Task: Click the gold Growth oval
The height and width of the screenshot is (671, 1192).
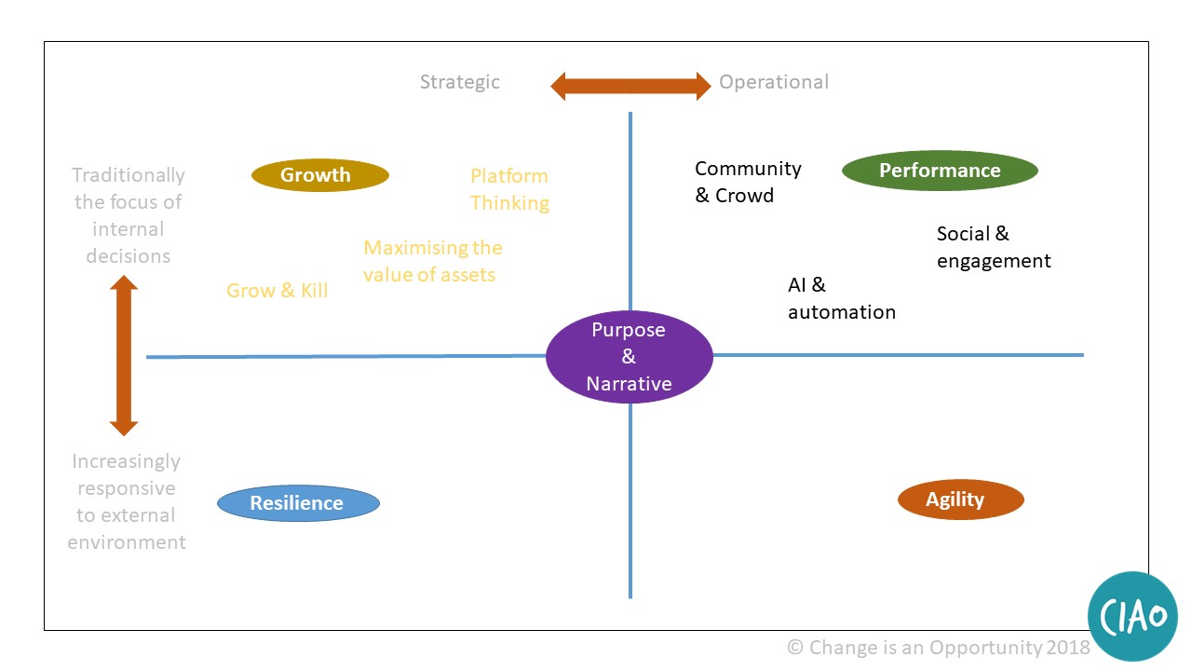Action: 319,175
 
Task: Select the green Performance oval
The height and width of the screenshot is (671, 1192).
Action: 940,171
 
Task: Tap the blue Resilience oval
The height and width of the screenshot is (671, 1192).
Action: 298,503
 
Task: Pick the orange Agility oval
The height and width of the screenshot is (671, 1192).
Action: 960,500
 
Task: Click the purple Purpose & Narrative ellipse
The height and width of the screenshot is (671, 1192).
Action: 629,357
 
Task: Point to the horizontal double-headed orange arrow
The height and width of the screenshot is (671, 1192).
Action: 630,87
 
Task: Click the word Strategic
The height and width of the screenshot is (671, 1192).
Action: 459,82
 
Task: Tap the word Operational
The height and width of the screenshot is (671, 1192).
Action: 773,82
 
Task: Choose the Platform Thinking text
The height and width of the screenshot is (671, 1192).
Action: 509,189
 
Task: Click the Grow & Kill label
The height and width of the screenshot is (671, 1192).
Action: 278,291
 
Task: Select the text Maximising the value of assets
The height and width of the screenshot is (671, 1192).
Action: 432,261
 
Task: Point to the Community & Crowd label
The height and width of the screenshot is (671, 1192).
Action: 748,182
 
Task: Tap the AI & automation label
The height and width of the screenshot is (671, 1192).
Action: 841,298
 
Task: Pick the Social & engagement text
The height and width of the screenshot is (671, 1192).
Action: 993,247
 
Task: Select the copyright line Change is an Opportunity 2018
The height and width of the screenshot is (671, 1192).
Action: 938,647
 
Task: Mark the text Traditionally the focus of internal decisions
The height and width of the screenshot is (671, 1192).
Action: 129,215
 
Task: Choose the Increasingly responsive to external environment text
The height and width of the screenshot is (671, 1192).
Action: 127,501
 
